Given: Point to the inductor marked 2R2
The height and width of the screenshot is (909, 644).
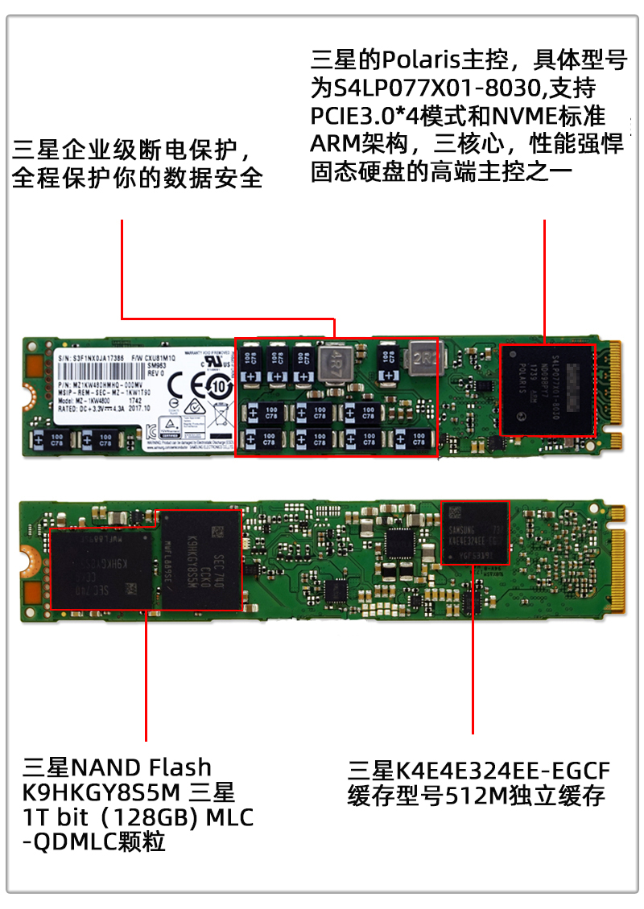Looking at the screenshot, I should (x=425, y=357).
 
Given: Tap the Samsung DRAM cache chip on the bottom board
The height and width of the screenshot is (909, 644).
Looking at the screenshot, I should (x=476, y=533).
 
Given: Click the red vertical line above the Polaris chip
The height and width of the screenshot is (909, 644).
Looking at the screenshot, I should (x=545, y=282).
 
